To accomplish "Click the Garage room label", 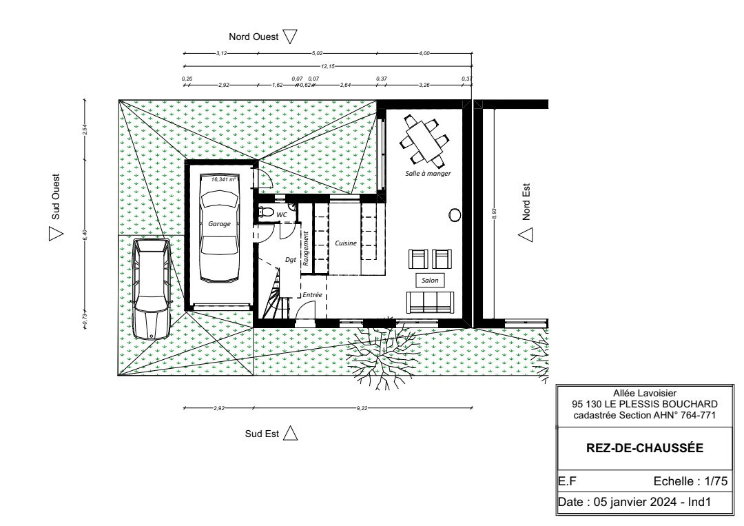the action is tap(219, 223).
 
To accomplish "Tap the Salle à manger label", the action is tap(428, 173).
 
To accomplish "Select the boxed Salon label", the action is tap(430, 280).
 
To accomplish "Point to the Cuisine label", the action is tap(345, 243).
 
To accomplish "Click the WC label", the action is tap(282, 214).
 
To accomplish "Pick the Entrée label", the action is tap(312, 295).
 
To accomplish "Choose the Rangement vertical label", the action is tap(306, 248).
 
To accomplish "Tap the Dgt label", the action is tap(291, 260).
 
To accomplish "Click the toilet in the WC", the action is tap(265, 212).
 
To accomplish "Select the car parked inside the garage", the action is tap(219, 236).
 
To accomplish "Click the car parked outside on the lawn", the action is tap(152, 289).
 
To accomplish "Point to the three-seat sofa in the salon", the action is tap(430, 303).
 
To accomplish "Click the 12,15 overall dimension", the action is tap(328, 66).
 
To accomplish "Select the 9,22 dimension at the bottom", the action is tap(362, 408).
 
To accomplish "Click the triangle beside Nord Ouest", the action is tap(290, 36).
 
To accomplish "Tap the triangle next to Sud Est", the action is tap(291, 433).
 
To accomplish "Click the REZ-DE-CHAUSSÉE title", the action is tap(645, 448).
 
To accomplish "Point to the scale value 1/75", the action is tap(716, 481).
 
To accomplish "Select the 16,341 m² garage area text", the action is tap(223, 179).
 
